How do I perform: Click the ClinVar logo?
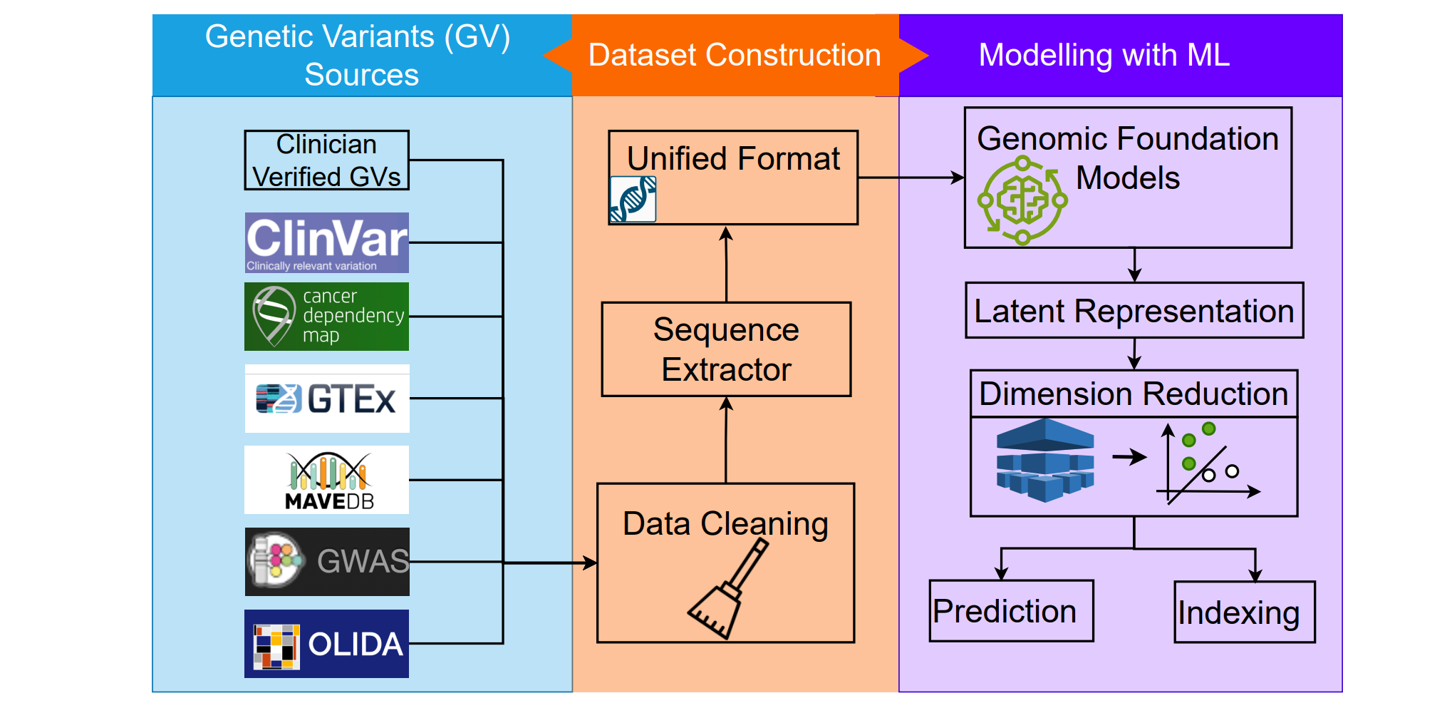[326, 242]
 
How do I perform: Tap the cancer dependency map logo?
[326, 316]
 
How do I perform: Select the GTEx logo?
[326, 398]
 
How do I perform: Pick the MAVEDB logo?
[326, 480]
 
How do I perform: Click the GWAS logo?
[326, 562]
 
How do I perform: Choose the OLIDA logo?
[326, 643]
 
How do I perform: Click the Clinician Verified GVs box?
[326, 160]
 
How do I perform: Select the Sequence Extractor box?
[726, 349]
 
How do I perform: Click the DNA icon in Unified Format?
[633, 200]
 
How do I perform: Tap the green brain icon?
[1022, 200]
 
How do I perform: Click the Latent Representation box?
[1134, 311]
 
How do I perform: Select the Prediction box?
[1011, 611]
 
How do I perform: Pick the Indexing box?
[1244, 612]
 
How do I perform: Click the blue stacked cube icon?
[1044, 461]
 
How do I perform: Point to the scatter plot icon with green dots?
[1207, 463]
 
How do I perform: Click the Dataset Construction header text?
[735, 56]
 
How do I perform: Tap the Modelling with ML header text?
[1104, 56]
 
